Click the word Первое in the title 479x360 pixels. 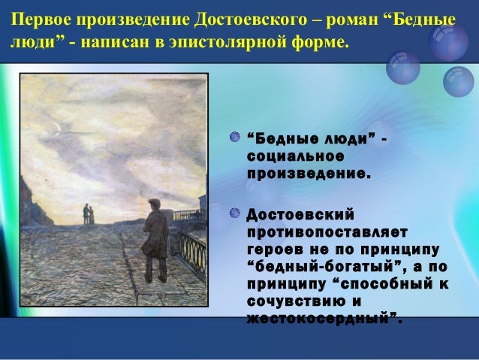coord(36,17)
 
